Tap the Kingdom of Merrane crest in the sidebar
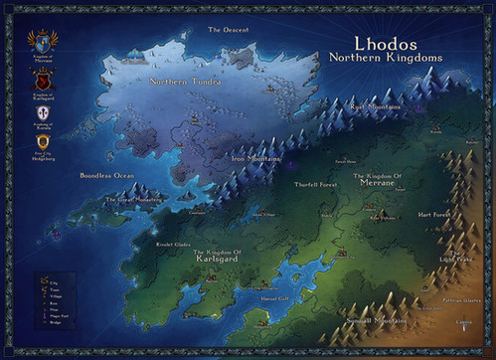(x=42, y=42)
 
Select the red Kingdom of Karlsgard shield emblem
(x=42, y=80)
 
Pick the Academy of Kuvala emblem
(x=42, y=112)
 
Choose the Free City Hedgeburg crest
(x=42, y=142)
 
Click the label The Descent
(x=228, y=30)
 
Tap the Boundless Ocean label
(x=106, y=176)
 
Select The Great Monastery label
(x=132, y=200)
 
